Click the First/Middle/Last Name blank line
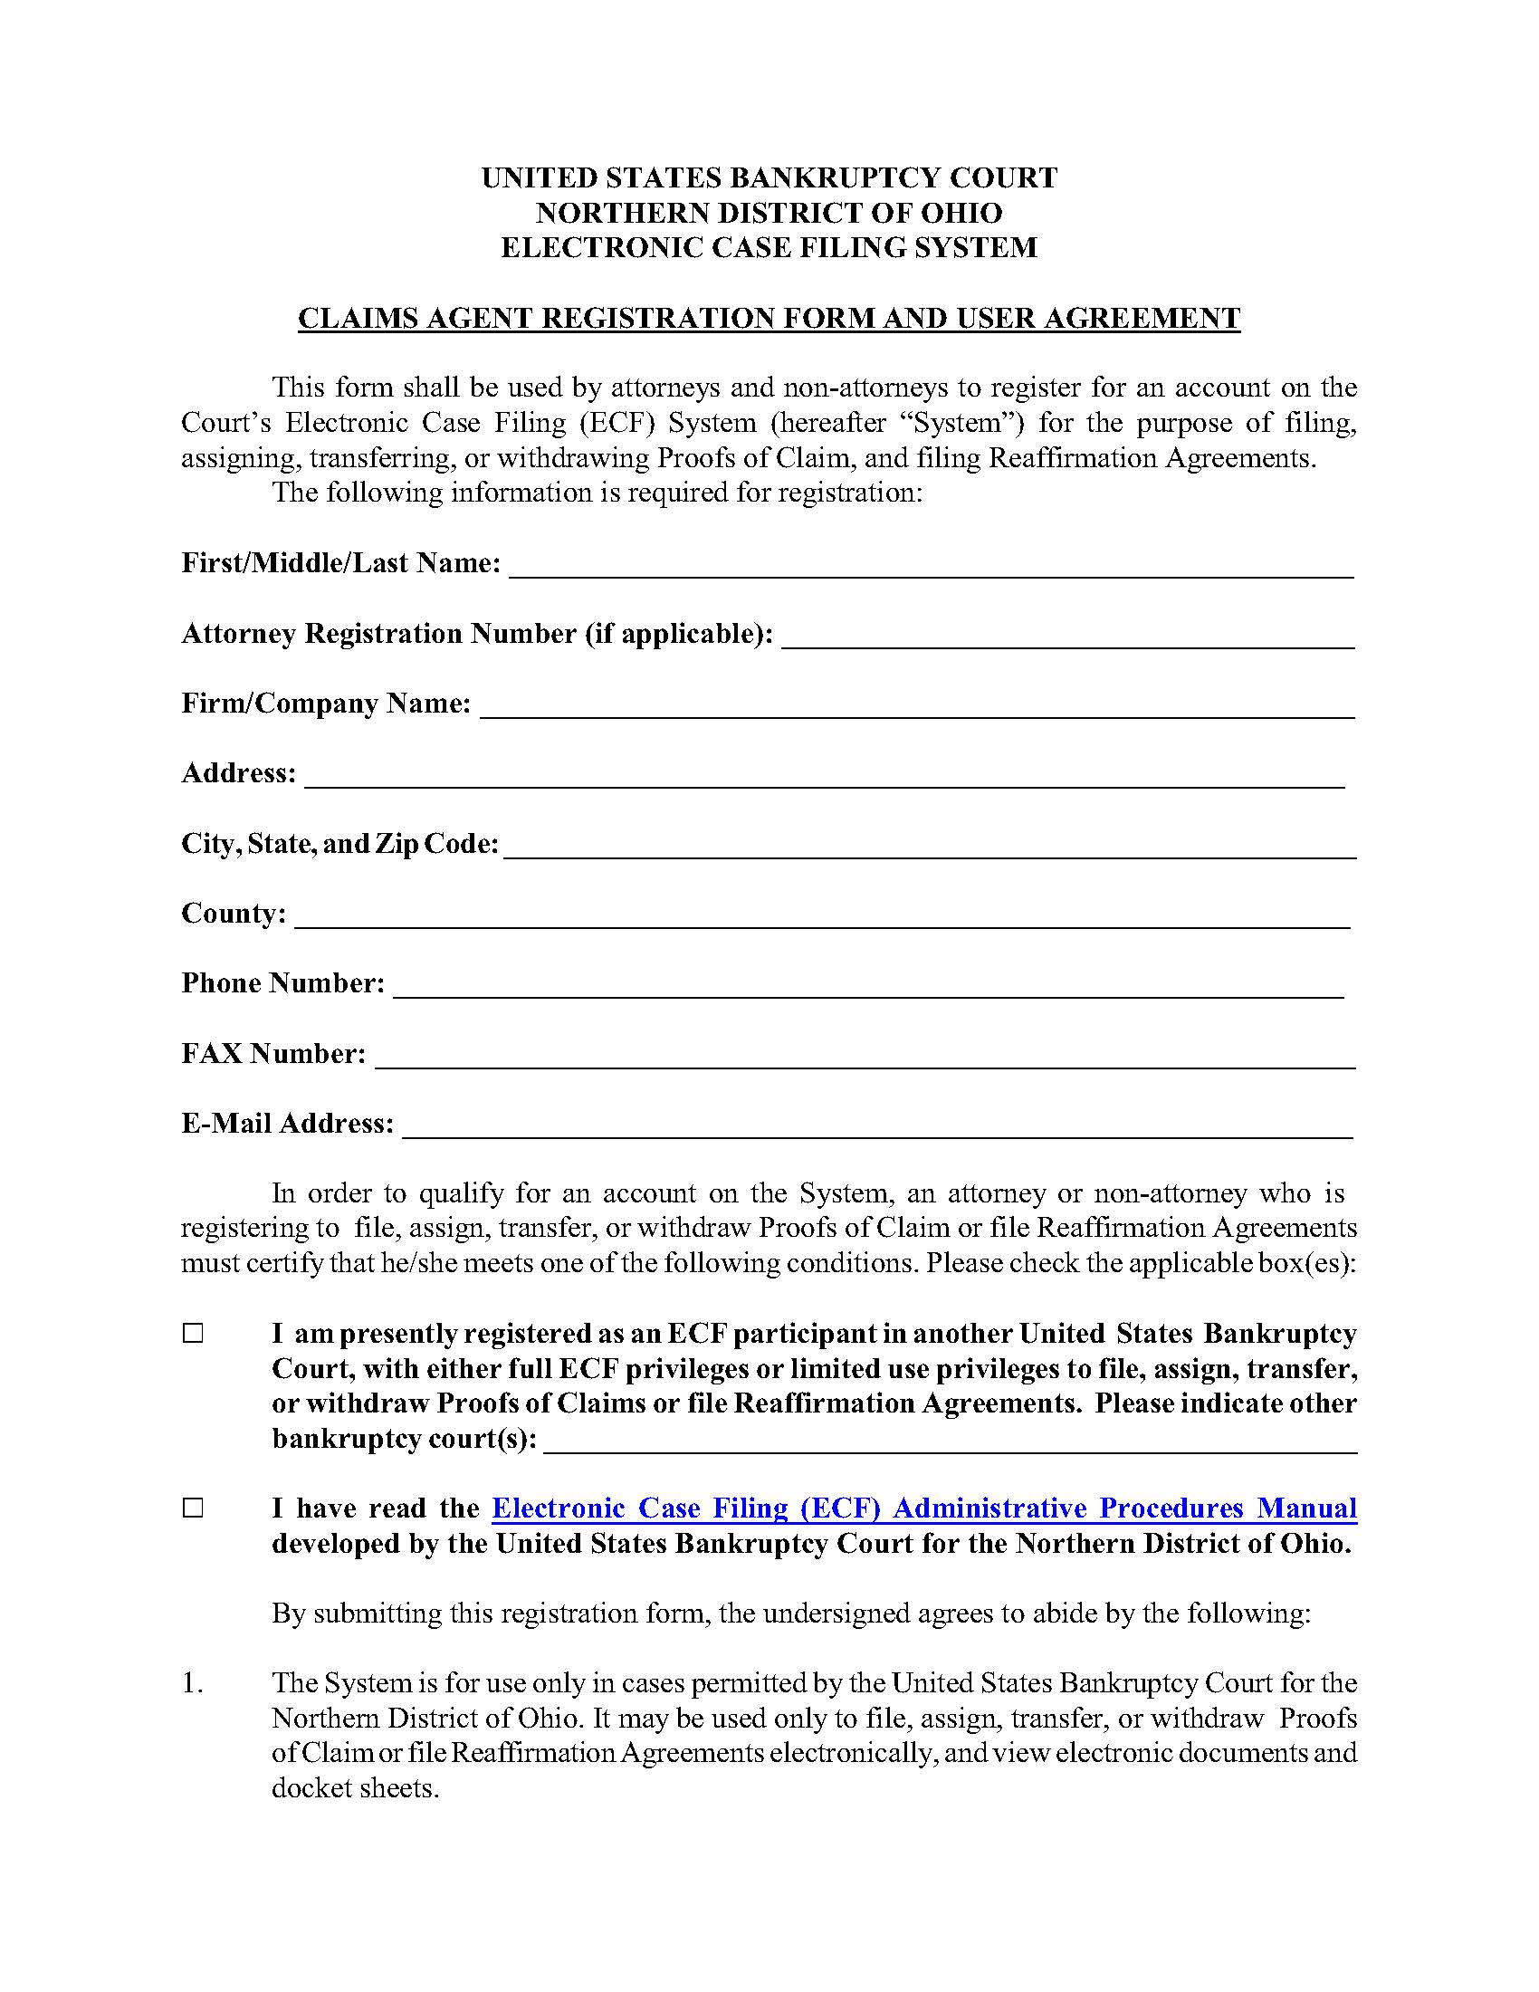(x=931, y=566)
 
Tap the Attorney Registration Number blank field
(x=1067, y=636)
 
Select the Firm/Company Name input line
(x=916, y=706)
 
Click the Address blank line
(x=824, y=775)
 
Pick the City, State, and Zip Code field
(x=929, y=846)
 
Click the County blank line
(x=821, y=915)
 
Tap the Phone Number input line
(x=868, y=986)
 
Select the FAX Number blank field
(x=865, y=1056)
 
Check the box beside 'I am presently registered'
(x=194, y=1335)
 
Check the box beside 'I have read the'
(x=194, y=1508)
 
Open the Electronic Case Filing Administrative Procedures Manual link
(x=923, y=1508)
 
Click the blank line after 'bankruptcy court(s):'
(x=950, y=1441)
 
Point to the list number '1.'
(x=192, y=1683)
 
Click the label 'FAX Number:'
(x=273, y=1054)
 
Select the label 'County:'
(x=234, y=914)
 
